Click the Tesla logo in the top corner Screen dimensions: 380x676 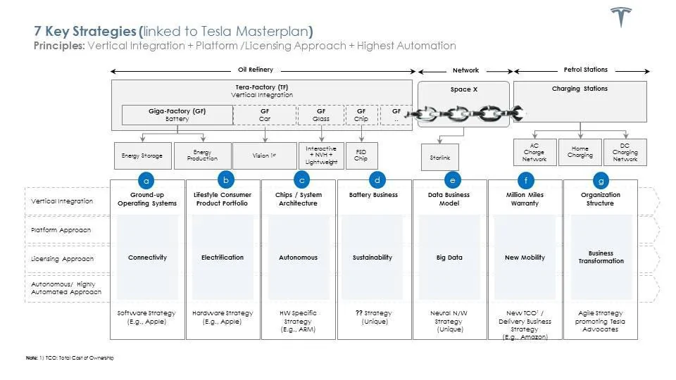click(x=620, y=18)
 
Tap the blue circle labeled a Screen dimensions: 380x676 click(x=146, y=179)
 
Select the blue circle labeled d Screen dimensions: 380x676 click(x=377, y=179)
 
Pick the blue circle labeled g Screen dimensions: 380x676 click(x=600, y=179)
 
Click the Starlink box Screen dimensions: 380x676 click(x=439, y=158)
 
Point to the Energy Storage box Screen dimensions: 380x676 click(x=142, y=156)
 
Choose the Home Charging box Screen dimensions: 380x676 click(x=580, y=152)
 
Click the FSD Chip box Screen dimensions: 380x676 click(x=361, y=156)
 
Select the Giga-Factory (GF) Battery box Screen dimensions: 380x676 click(x=177, y=115)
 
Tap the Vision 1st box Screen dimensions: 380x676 click(x=263, y=156)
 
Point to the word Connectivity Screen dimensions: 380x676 click(x=147, y=258)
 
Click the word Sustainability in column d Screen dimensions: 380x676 click(x=372, y=258)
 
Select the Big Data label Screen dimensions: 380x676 click(x=449, y=258)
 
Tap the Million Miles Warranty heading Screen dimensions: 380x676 click(x=525, y=199)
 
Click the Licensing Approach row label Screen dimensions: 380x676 click(x=61, y=259)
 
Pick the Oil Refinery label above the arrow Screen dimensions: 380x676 click(x=256, y=70)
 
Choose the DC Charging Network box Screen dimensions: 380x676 click(x=625, y=152)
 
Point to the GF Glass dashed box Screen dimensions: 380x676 click(x=321, y=115)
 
